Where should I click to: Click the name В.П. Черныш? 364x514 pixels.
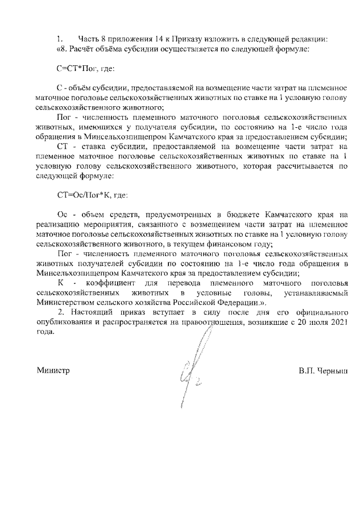(322, 370)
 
